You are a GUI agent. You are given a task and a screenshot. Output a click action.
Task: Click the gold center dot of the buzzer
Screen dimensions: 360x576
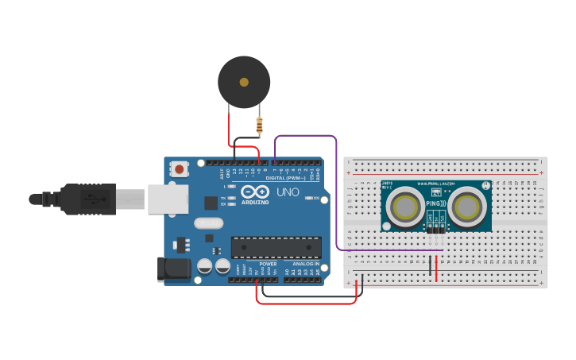pyautogui.click(x=244, y=82)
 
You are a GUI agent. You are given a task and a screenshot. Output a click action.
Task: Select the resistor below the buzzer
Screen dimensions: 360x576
pyautogui.click(x=259, y=125)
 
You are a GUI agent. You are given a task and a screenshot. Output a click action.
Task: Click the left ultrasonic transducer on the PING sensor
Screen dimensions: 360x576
pyautogui.click(x=405, y=207)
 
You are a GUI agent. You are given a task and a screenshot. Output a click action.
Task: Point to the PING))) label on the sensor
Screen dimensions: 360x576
pyautogui.click(x=436, y=203)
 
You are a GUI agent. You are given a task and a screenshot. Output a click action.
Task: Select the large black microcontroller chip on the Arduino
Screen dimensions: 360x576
pyautogui.click(x=276, y=247)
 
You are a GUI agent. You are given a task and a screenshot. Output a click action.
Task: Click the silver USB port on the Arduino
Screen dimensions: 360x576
pyautogui.click(x=168, y=199)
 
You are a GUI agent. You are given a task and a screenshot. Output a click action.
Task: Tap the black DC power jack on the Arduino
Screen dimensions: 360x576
pyautogui.click(x=174, y=269)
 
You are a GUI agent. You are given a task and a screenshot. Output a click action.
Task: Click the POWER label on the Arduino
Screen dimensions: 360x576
pyautogui.click(x=268, y=264)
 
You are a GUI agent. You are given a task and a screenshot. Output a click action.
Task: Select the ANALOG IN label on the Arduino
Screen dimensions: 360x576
pyautogui.click(x=306, y=264)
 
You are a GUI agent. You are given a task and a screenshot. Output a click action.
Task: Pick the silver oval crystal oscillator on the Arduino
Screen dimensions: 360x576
pyautogui.click(x=208, y=224)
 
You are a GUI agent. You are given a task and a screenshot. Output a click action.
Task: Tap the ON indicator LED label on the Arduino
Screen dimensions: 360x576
pyautogui.click(x=316, y=198)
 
